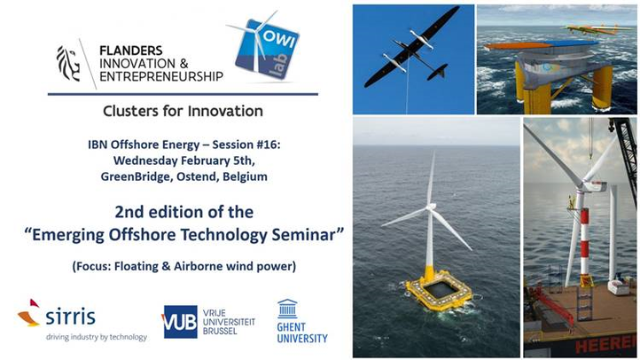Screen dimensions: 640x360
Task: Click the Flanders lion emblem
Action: (x=67, y=63)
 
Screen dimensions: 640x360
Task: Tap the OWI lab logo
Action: (x=265, y=47)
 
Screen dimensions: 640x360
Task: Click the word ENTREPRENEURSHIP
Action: (x=161, y=77)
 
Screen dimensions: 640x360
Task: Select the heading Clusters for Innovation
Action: (x=183, y=111)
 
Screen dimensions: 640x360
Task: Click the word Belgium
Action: (x=245, y=176)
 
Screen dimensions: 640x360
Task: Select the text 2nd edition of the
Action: (x=184, y=212)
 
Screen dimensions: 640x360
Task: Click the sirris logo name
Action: (x=71, y=317)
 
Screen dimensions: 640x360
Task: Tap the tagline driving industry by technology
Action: (x=97, y=337)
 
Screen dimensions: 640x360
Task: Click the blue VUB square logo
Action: (x=181, y=322)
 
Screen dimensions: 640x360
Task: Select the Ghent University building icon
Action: (x=287, y=309)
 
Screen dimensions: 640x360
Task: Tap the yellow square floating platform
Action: (x=439, y=291)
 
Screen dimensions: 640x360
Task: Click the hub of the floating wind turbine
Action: (x=430, y=207)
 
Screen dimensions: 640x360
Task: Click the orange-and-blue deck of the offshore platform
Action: (x=542, y=45)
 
